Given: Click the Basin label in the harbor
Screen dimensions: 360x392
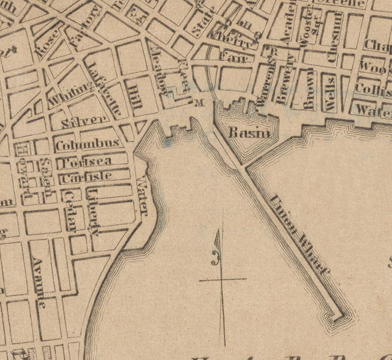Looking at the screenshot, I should click(250, 133).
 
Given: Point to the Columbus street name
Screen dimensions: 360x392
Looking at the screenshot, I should click(88, 144).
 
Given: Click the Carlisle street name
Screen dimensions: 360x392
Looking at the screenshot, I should click(86, 178).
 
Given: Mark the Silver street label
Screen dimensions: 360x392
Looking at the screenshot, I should click(84, 121).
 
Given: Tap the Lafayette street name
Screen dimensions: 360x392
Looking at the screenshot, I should click(105, 90).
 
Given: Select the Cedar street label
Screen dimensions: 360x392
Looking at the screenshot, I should click(70, 210).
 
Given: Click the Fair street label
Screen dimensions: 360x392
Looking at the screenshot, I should click(232, 56).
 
